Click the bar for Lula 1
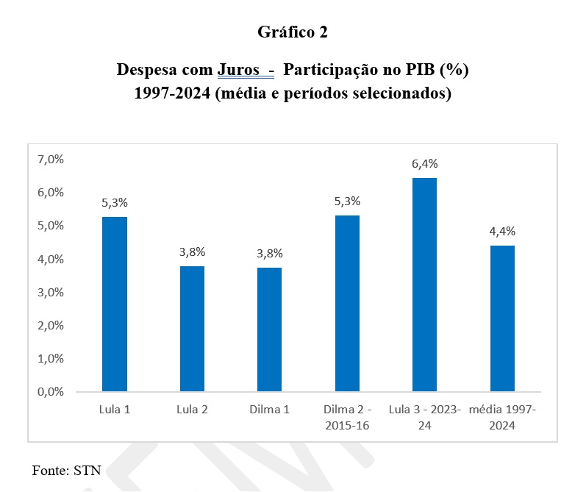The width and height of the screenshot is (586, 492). point(115,303)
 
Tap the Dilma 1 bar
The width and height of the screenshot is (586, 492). point(270,329)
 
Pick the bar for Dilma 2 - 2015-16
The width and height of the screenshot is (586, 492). point(347,303)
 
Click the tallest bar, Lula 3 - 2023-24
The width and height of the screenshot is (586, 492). point(424,285)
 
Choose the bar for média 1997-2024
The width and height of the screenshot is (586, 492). point(502,318)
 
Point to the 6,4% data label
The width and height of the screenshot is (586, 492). point(424,164)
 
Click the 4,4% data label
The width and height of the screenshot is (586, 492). point(502,232)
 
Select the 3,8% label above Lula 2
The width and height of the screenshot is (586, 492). point(193,252)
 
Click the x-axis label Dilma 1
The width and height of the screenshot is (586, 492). point(270,410)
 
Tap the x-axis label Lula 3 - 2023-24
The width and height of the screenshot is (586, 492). point(424,417)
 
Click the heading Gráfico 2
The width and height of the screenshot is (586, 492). point(293,32)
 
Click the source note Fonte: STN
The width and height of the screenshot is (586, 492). point(66,470)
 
